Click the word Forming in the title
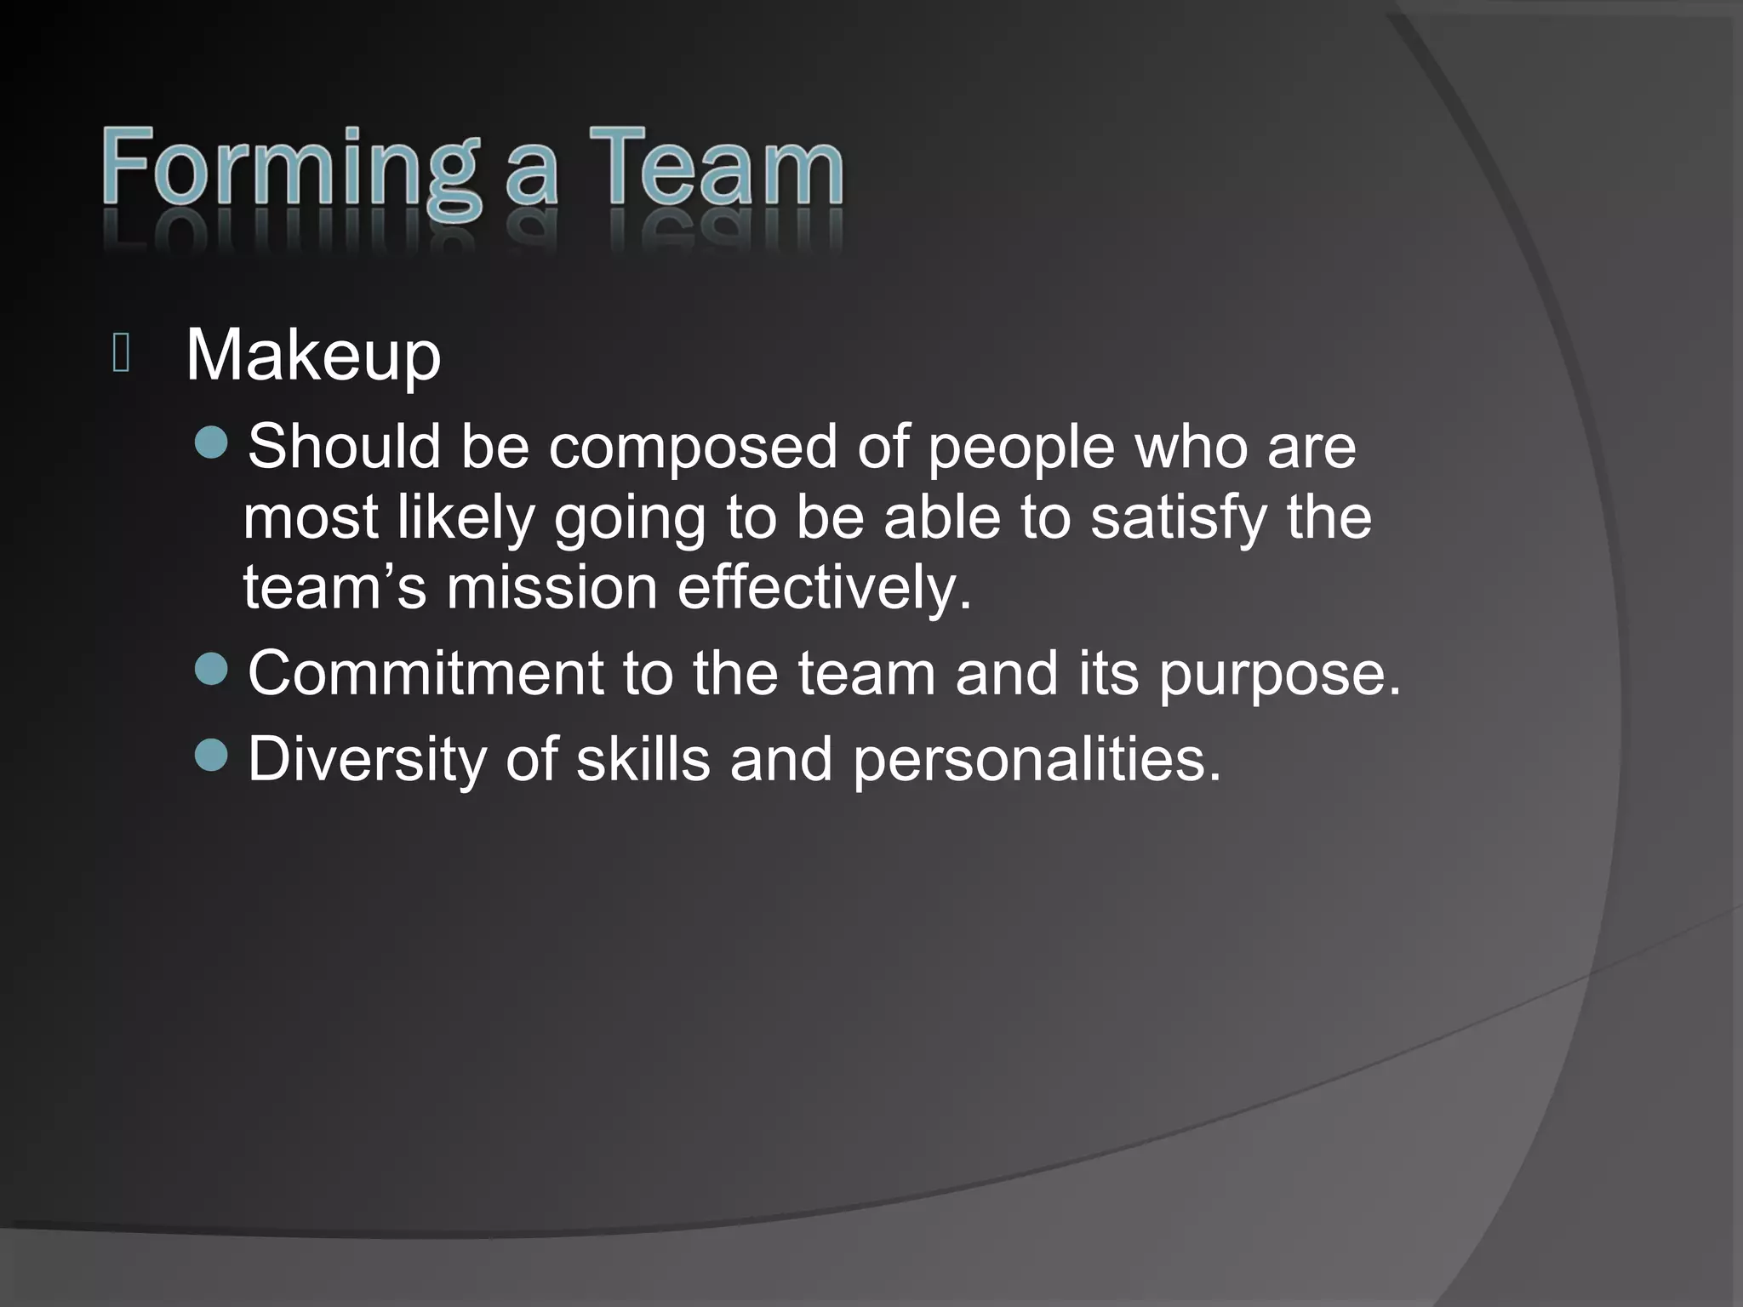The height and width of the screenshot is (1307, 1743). [289, 170]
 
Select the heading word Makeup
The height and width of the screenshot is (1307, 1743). [313, 356]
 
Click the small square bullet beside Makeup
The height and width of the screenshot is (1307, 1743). [121, 354]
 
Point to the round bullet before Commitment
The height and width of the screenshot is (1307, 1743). [211, 670]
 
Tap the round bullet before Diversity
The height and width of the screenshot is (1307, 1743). [211, 755]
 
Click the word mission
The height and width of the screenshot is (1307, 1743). [551, 587]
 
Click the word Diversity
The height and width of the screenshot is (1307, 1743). [367, 759]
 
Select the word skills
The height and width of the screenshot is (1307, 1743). [643, 758]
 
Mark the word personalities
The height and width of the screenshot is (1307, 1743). [1037, 759]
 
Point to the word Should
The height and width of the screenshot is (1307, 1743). [344, 446]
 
